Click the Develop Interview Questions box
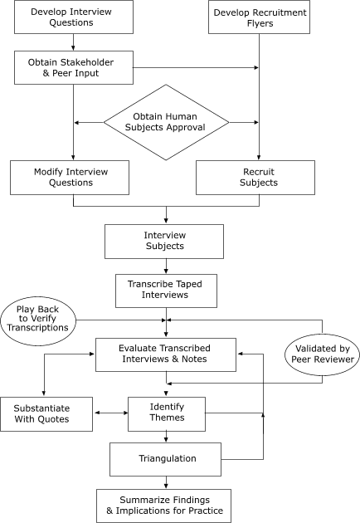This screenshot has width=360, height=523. [x=73, y=17]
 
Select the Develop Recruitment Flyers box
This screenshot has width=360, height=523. [x=260, y=17]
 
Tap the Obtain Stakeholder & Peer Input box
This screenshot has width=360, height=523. [x=73, y=67]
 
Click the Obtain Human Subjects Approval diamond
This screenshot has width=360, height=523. [x=166, y=123]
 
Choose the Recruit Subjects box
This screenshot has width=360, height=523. [x=255, y=177]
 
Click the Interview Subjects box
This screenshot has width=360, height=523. [x=165, y=241]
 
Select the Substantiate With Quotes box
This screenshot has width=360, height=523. [x=47, y=413]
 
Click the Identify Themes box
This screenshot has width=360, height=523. [x=166, y=413]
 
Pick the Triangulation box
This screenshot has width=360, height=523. [x=166, y=458]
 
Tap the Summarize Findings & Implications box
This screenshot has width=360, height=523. [x=163, y=505]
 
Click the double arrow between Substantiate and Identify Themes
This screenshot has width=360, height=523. [x=111, y=413]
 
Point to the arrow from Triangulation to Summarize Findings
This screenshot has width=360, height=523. [x=166, y=481]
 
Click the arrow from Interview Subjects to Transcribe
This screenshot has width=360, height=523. [x=166, y=266]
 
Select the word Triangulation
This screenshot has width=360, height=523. [x=166, y=458]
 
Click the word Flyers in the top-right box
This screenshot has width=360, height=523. [x=260, y=24]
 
